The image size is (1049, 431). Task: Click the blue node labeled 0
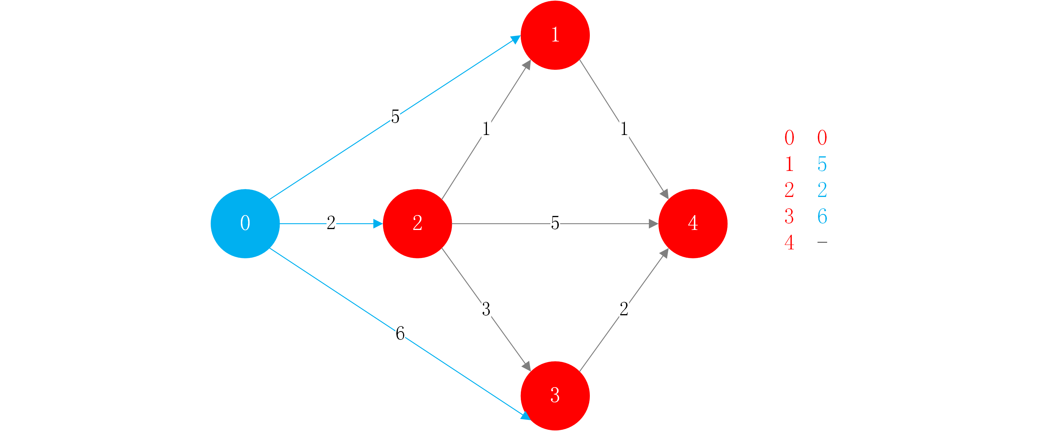[245, 224]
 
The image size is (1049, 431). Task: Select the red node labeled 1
[555, 35]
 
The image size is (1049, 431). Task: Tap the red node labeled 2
[417, 224]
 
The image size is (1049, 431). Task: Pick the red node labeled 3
[555, 396]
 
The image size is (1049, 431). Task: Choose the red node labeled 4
[693, 224]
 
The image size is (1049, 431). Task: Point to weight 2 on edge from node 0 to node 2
[331, 223]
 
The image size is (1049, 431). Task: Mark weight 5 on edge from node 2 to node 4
[555, 223]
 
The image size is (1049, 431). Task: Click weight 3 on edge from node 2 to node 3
[486, 309]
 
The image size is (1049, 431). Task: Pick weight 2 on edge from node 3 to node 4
[624, 309]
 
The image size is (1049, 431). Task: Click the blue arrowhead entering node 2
[378, 224]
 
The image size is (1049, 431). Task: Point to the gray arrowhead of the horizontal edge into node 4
[653, 224]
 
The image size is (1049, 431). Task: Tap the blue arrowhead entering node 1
[516, 39]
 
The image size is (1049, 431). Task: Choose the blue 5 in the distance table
[822, 164]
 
